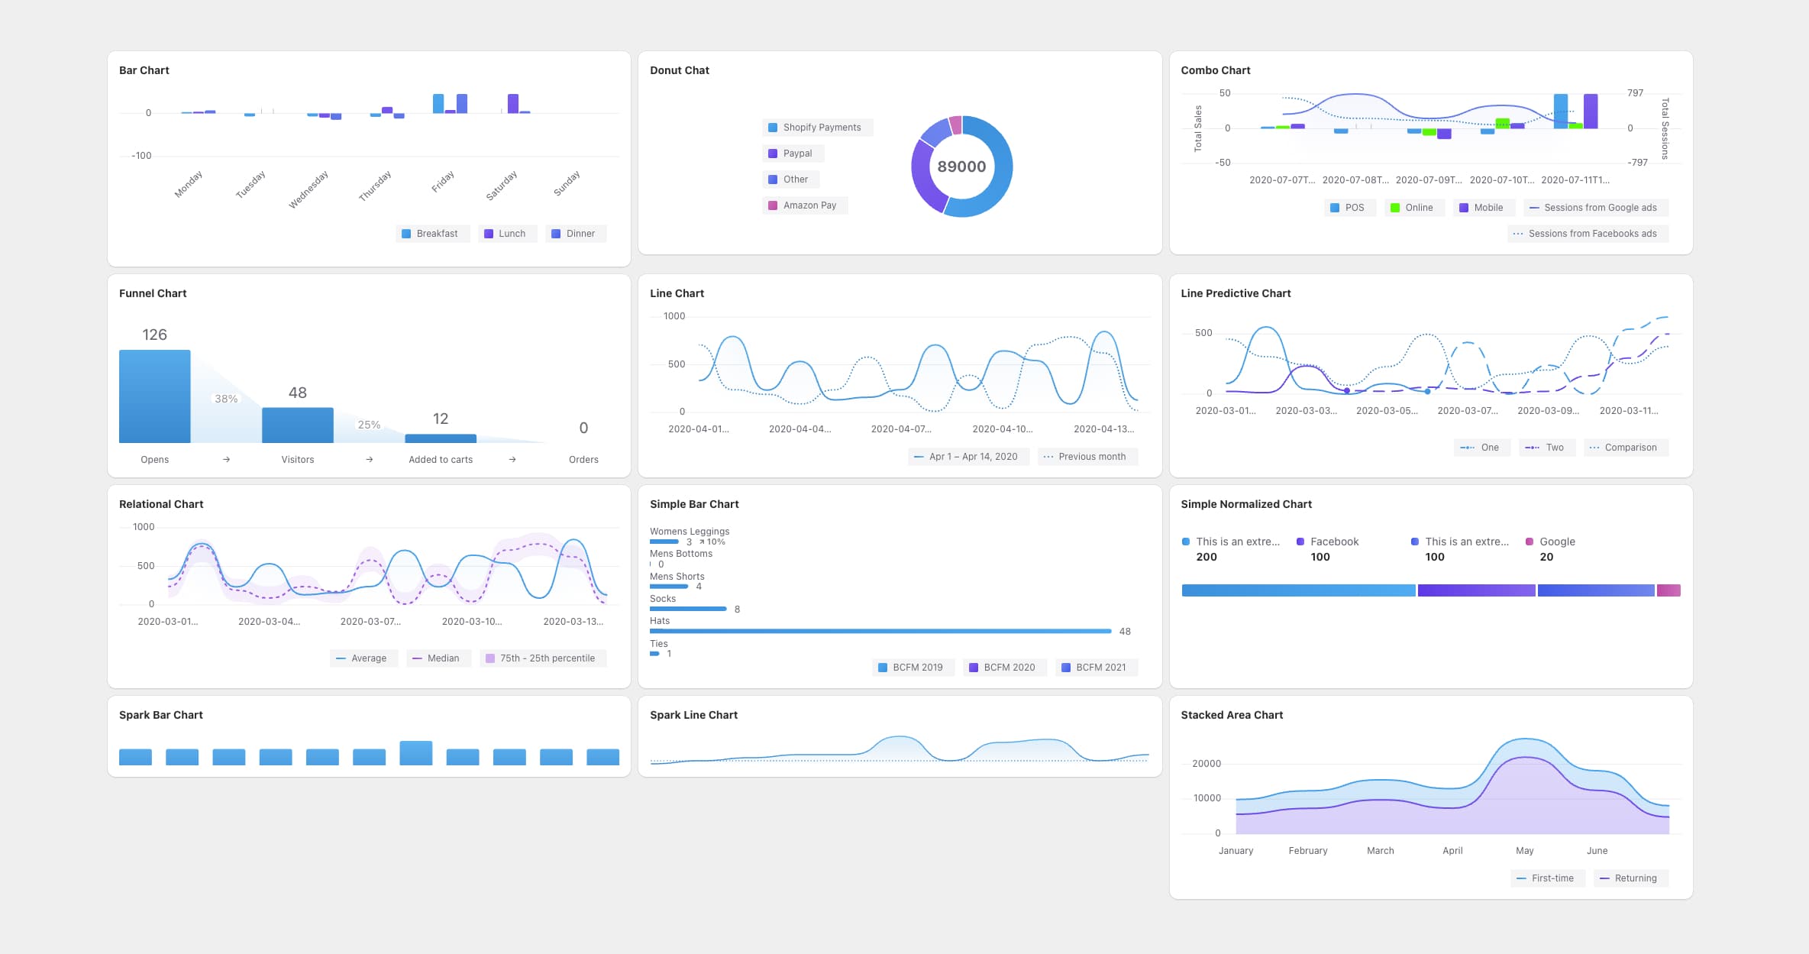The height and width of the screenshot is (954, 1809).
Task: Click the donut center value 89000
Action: pyautogui.click(x=961, y=167)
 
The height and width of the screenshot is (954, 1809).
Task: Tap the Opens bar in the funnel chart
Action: pyautogui.click(x=154, y=396)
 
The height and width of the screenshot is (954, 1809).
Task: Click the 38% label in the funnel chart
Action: pyautogui.click(x=226, y=399)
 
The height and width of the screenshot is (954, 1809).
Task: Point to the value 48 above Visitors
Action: pyautogui.click(x=297, y=393)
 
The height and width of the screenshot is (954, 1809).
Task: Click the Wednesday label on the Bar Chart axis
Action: pyautogui.click(x=308, y=189)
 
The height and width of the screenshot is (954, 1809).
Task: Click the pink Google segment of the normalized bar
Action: pyautogui.click(x=1668, y=590)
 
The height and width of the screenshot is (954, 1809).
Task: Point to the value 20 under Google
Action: pyautogui.click(x=1546, y=557)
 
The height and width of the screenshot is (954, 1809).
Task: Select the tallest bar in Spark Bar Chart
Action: pyautogui.click(x=415, y=752)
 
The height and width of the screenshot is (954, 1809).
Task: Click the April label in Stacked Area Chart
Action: pyautogui.click(x=1452, y=851)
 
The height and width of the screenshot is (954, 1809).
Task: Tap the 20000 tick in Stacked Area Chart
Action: pyautogui.click(x=1206, y=764)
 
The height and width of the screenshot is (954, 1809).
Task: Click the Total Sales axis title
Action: pyautogui.click(x=1197, y=128)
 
